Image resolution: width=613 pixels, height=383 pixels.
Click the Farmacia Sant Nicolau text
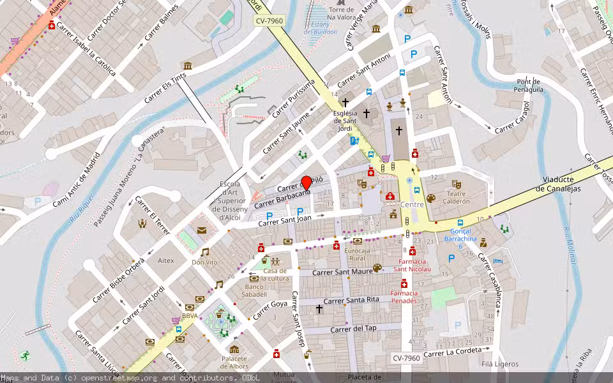[412, 265]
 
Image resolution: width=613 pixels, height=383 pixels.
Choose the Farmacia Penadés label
[404, 297]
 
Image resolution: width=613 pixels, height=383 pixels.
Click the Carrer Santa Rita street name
[351, 300]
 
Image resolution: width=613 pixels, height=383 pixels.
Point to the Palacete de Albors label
[234, 363]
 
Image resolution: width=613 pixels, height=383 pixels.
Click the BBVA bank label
[190, 315]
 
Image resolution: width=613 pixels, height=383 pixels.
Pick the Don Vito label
[204, 262]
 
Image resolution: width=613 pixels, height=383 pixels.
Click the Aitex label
[165, 260]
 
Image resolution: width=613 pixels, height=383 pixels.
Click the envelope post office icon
[202, 230]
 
